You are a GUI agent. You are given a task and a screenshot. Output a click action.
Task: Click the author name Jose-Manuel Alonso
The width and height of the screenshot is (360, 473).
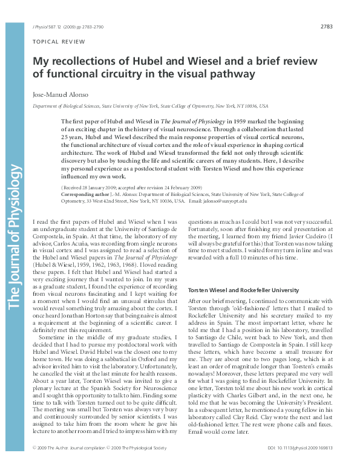pos(59,95)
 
